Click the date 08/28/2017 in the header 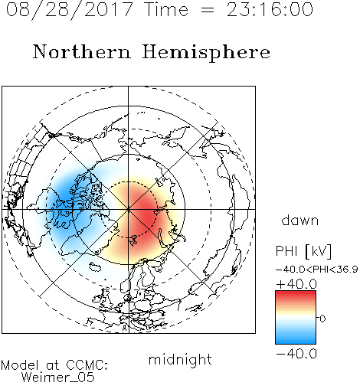coord(69,10)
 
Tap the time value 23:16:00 coord(270,9)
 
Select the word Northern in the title coord(82,52)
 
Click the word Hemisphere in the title coord(206,53)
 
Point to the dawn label coord(300,220)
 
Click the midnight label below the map coord(180,359)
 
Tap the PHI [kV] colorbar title coord(303,251)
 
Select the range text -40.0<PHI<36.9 coord(316,270)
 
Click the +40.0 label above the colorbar coord(296,284)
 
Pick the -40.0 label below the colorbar coord(296,354)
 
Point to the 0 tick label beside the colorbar coord(322,319)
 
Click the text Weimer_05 coord(58,378)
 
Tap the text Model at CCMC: coord(54,365)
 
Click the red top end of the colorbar coord(296,293)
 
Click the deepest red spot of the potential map coord(146,214)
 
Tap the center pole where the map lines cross coord(129,209)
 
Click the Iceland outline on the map coord(95,266)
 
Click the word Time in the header coord(166,9)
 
